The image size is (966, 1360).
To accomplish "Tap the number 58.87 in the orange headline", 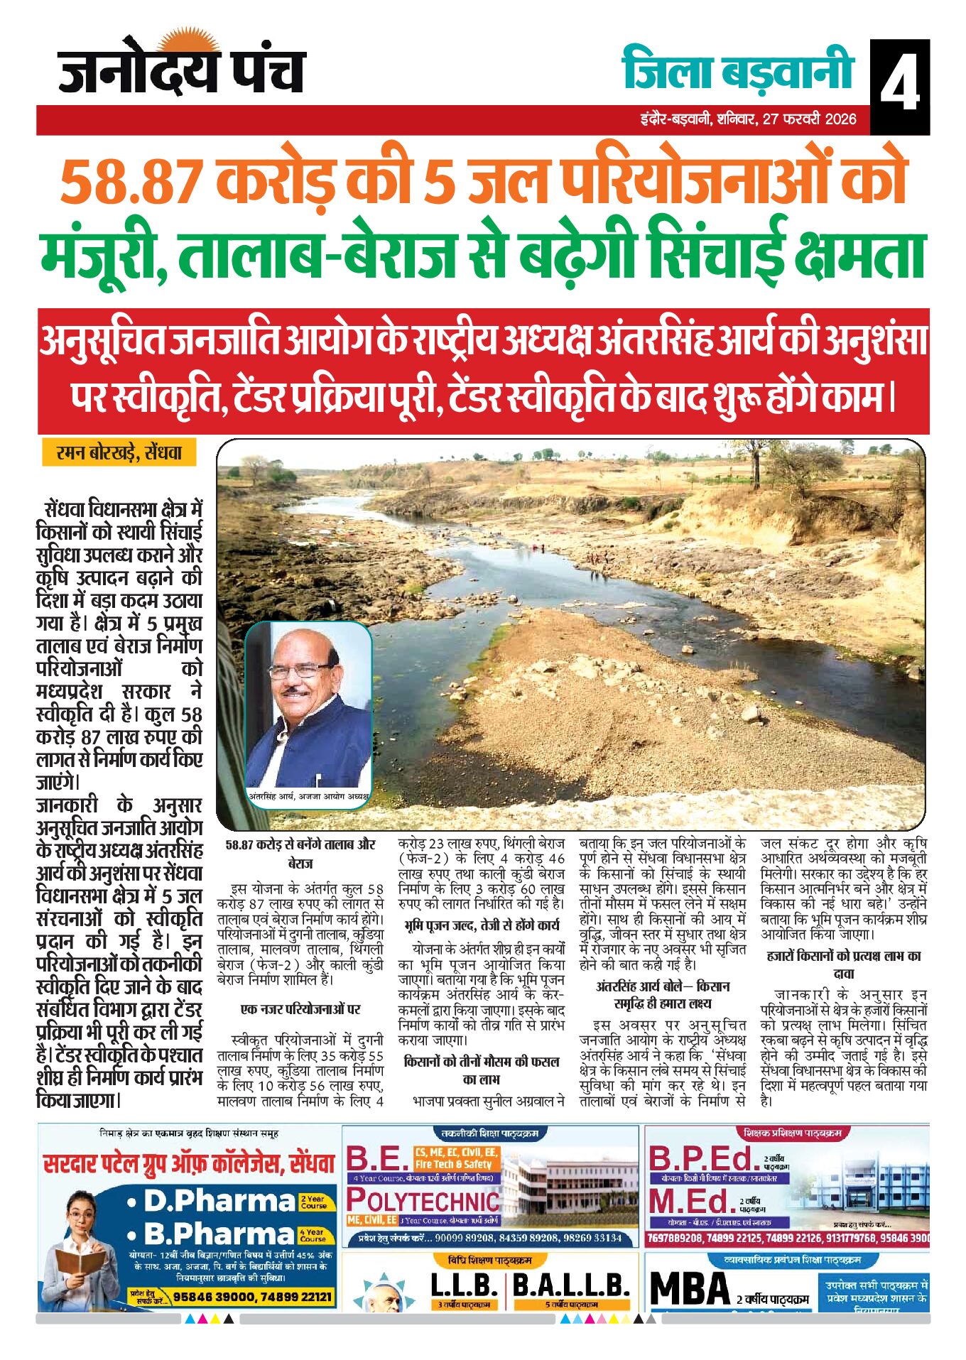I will tap(132, 182).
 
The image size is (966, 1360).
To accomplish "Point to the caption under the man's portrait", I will tap(309, 796).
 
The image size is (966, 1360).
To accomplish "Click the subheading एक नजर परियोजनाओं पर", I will tap(300, 1009).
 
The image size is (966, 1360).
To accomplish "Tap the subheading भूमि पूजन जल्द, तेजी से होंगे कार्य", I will tap(481, 925).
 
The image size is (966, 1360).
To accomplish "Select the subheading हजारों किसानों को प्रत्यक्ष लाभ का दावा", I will tap(843, 964).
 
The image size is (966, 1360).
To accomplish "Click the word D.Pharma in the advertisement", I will tap(219, 1201).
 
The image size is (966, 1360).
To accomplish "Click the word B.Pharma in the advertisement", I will tap(219, 1233).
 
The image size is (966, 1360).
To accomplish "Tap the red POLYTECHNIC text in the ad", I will tap(423, 1201).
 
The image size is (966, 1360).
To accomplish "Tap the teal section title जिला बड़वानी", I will tap(737, 70).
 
